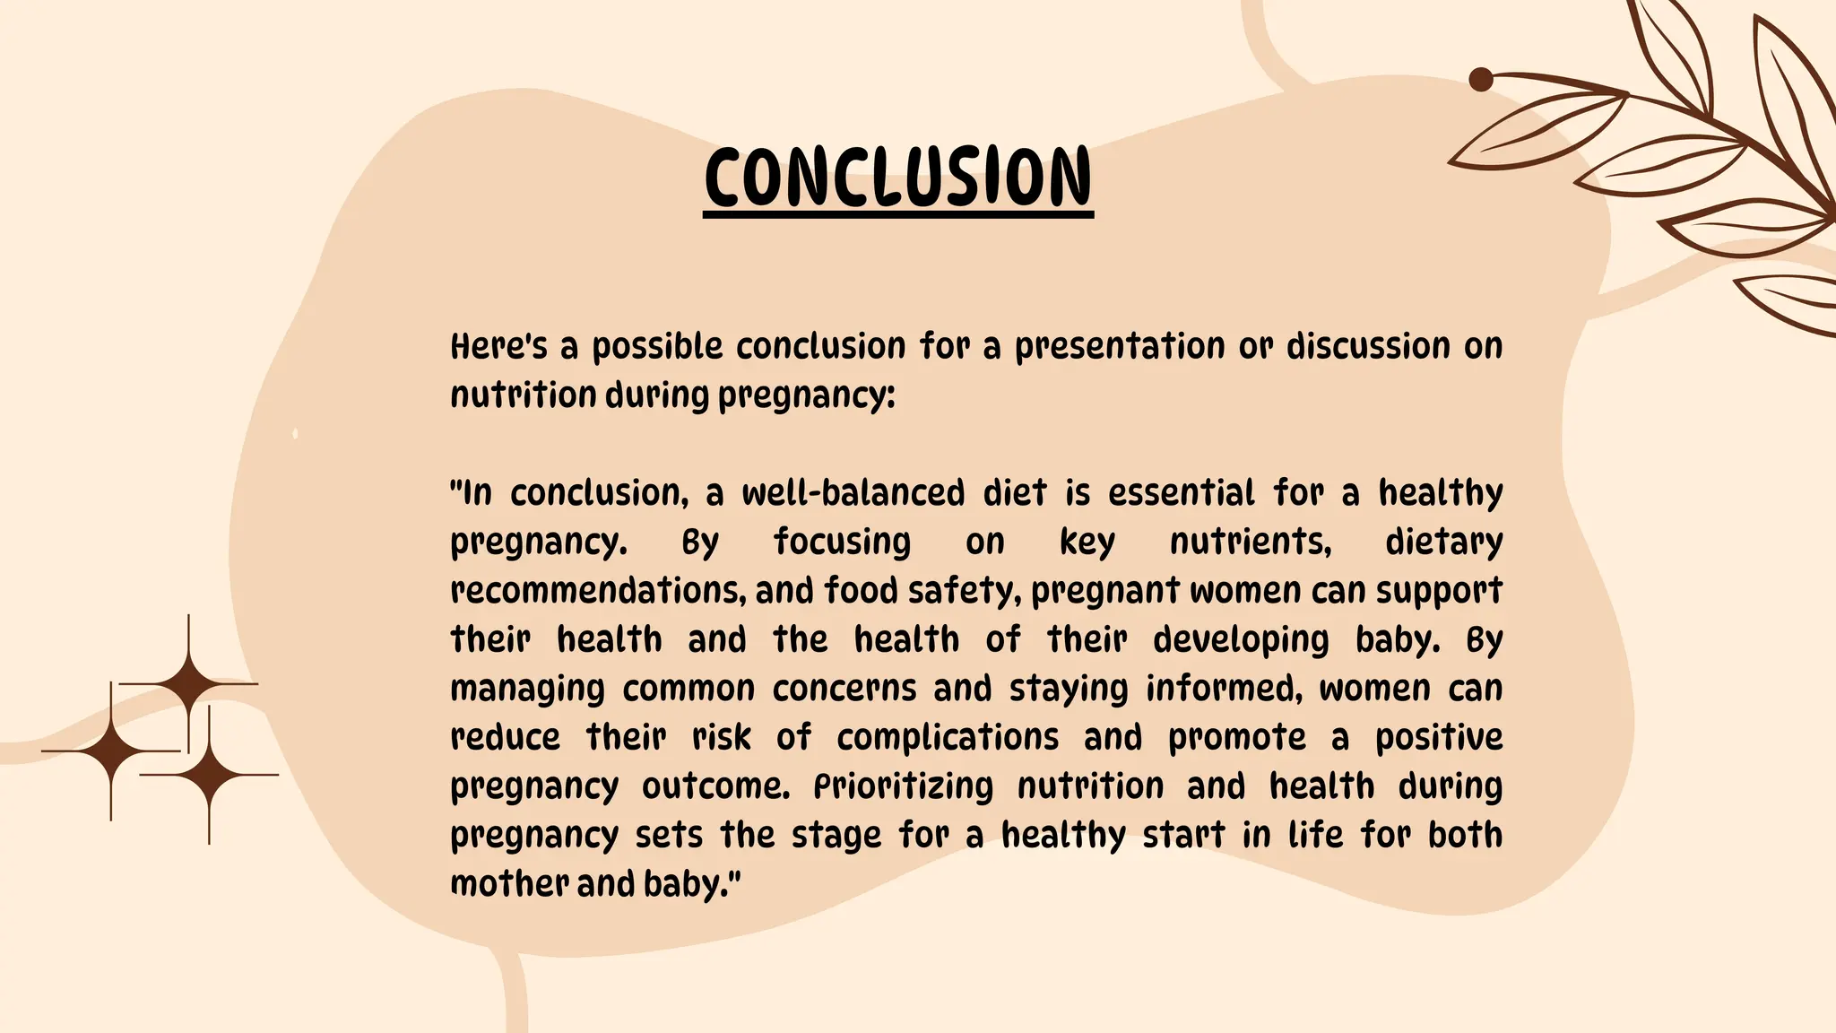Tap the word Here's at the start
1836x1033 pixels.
498,346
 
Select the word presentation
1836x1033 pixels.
1119,346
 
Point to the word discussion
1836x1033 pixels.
1367,346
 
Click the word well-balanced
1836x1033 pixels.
853,493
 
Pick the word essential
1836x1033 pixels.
1181,493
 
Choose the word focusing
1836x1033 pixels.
842,543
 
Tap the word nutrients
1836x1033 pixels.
1250,543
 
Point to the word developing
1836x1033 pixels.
1241,640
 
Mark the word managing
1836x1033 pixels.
527,690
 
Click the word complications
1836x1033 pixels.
948,738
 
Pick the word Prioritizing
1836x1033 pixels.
903,787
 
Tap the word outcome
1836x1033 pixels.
715,787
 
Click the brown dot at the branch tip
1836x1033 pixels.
1481,80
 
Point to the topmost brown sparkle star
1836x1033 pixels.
188,684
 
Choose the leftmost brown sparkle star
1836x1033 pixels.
111,751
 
